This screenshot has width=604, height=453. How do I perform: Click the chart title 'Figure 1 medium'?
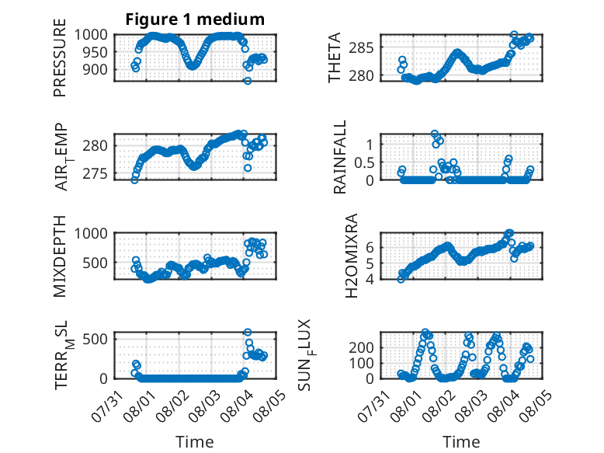pos(195,19)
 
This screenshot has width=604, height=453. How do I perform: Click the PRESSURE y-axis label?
pos(60,57)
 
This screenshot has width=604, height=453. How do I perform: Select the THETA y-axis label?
pos(335,57)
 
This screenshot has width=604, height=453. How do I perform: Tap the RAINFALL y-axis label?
pos(340,156)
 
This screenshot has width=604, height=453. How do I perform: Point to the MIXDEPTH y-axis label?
pos(60,256)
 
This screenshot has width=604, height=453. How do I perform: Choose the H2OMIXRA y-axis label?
pos(352,256)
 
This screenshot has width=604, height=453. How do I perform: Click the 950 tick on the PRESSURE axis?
pos(96,52)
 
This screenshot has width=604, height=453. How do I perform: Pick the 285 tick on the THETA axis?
pos(362,48)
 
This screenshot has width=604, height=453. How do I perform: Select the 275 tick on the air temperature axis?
pos(95,174)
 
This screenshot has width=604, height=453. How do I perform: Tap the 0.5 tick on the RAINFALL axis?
pos(364,162)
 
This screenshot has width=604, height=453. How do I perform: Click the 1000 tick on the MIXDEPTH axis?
pos(92,233)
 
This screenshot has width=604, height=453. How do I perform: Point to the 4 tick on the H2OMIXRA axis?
pos(370,279)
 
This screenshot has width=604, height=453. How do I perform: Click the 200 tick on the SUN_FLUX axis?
pos(362,348)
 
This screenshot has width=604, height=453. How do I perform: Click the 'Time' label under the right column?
pos(461,442)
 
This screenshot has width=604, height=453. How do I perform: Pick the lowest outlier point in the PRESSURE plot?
pos(248,81)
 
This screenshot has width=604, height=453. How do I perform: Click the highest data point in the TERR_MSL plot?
pos(248,333)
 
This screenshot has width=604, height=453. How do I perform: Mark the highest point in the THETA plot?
pos(514,35)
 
